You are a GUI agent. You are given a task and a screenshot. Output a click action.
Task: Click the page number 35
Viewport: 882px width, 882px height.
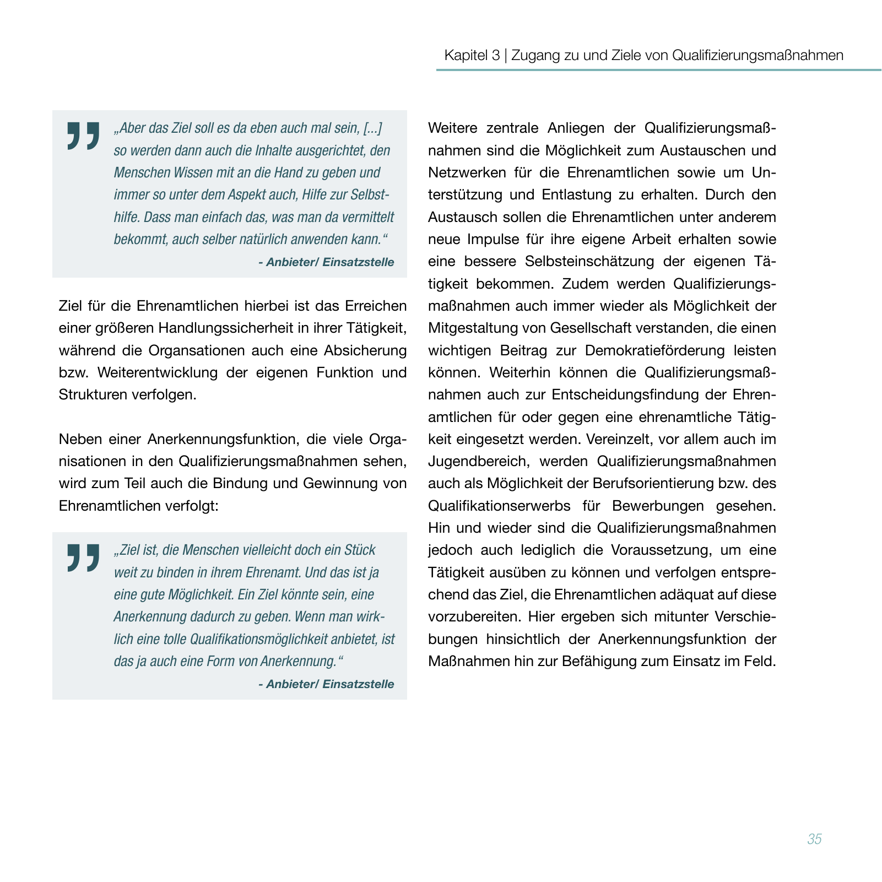coord(814,839)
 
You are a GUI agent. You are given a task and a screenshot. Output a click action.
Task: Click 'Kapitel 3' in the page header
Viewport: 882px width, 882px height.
coord(472,55)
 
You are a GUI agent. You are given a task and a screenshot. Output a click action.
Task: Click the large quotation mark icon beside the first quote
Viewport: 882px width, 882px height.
coord(83,136)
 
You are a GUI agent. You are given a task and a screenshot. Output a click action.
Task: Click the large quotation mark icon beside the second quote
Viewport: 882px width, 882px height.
coord(83,558)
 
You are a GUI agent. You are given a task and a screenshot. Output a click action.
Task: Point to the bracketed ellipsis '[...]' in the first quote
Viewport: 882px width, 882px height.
coord(373,128)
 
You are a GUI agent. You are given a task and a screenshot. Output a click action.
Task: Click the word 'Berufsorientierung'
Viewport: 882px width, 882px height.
coord(654,484)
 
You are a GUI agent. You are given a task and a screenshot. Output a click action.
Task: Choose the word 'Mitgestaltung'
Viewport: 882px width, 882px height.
coord(472,328)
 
